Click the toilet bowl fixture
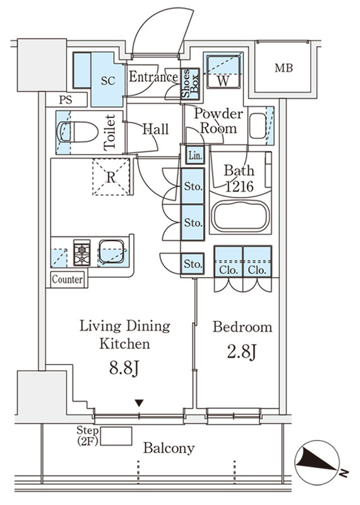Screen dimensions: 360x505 tap(77, 132)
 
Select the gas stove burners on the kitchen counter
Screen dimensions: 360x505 tap(82, 252)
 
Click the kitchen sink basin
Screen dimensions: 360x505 tap(111, 251)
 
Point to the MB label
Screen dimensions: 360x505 tap(284, 68)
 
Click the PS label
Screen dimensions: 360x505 tap(66, 100)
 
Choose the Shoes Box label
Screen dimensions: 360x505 tap(190, 83)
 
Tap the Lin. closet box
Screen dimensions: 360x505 tap(195, 155)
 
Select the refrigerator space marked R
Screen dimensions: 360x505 tap(111, 177)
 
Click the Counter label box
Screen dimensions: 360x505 tap(67, 279)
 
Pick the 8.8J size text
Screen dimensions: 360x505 tap(124, 369)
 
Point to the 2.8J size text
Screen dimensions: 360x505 tap(241, 352)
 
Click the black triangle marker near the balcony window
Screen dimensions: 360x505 tap(139, 403)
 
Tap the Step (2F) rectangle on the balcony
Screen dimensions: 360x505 tap(116, 436)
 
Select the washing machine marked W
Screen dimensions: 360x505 tap(223, 71)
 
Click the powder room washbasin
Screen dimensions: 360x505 tap(258, 126)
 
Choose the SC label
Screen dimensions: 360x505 tap(108, 81)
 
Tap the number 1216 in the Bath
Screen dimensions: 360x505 tap(239, 186)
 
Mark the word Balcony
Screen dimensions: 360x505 tap(169, 448)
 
